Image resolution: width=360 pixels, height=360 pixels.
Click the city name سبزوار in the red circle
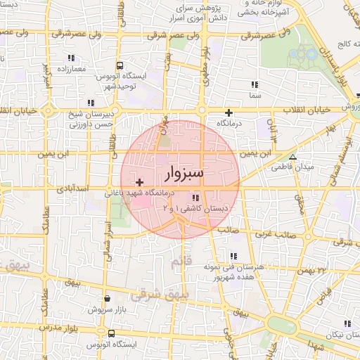pos(184,172)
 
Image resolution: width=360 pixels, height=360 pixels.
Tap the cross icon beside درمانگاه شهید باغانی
pos(140,183)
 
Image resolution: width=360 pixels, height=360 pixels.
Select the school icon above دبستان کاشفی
pos(194,198)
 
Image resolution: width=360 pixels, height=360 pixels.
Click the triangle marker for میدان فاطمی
pos(292,157)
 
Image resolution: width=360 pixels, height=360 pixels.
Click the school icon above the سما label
pos(255,84)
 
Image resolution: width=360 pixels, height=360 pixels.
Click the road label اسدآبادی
pos(72,189)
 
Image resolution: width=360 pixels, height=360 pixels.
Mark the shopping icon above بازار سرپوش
pos(107,299)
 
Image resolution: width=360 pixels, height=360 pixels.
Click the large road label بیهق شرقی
pos(156,294)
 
